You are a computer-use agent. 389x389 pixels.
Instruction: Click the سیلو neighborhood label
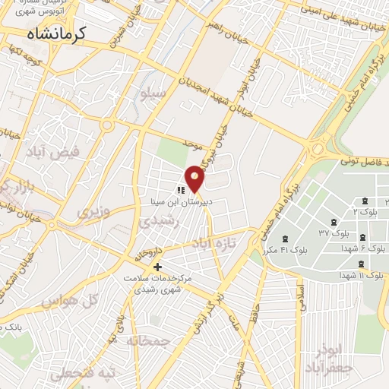click(x=150, y=93)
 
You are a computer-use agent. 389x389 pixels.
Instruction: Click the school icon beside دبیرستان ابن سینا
click(x=181, y=191)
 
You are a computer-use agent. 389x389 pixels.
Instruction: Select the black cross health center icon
click(x=158, y=267)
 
